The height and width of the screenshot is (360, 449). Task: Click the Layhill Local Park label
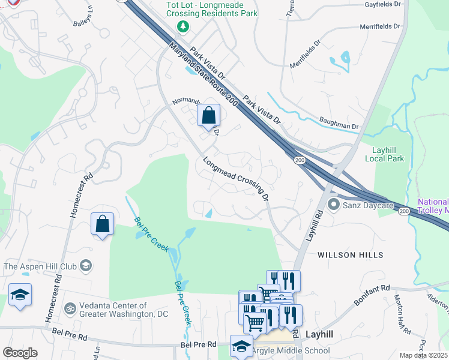384,154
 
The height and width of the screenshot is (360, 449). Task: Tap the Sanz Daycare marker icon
333,206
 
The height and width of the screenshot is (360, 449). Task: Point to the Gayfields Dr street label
382,4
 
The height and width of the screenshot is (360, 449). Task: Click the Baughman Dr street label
339,127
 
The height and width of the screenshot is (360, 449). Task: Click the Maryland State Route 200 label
202,75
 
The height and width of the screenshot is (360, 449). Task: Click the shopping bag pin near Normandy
208,115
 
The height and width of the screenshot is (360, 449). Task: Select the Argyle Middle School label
291,351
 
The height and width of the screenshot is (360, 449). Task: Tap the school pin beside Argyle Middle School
241,346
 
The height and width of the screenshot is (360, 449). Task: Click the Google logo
20,353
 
